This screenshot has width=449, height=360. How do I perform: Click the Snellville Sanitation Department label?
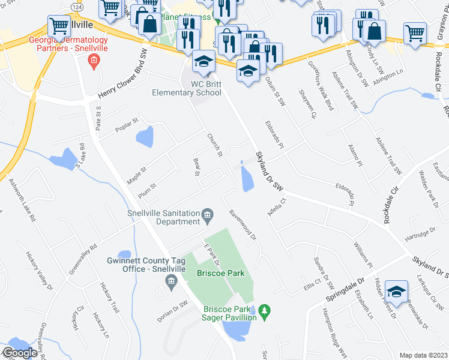[x=163, y=217]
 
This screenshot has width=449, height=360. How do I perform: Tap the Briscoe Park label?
[x=221, y=273]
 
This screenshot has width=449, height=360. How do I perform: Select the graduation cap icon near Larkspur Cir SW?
[x=396, y=292]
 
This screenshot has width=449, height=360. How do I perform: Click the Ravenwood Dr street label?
[x=243, y=224]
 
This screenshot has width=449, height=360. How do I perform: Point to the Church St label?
[x=214, y=146]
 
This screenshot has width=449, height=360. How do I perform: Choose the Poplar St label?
[x=127, y=125]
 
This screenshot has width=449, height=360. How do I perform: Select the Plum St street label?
[x=146, y=189]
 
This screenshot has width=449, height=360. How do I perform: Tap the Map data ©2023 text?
[x=423, y=355]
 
